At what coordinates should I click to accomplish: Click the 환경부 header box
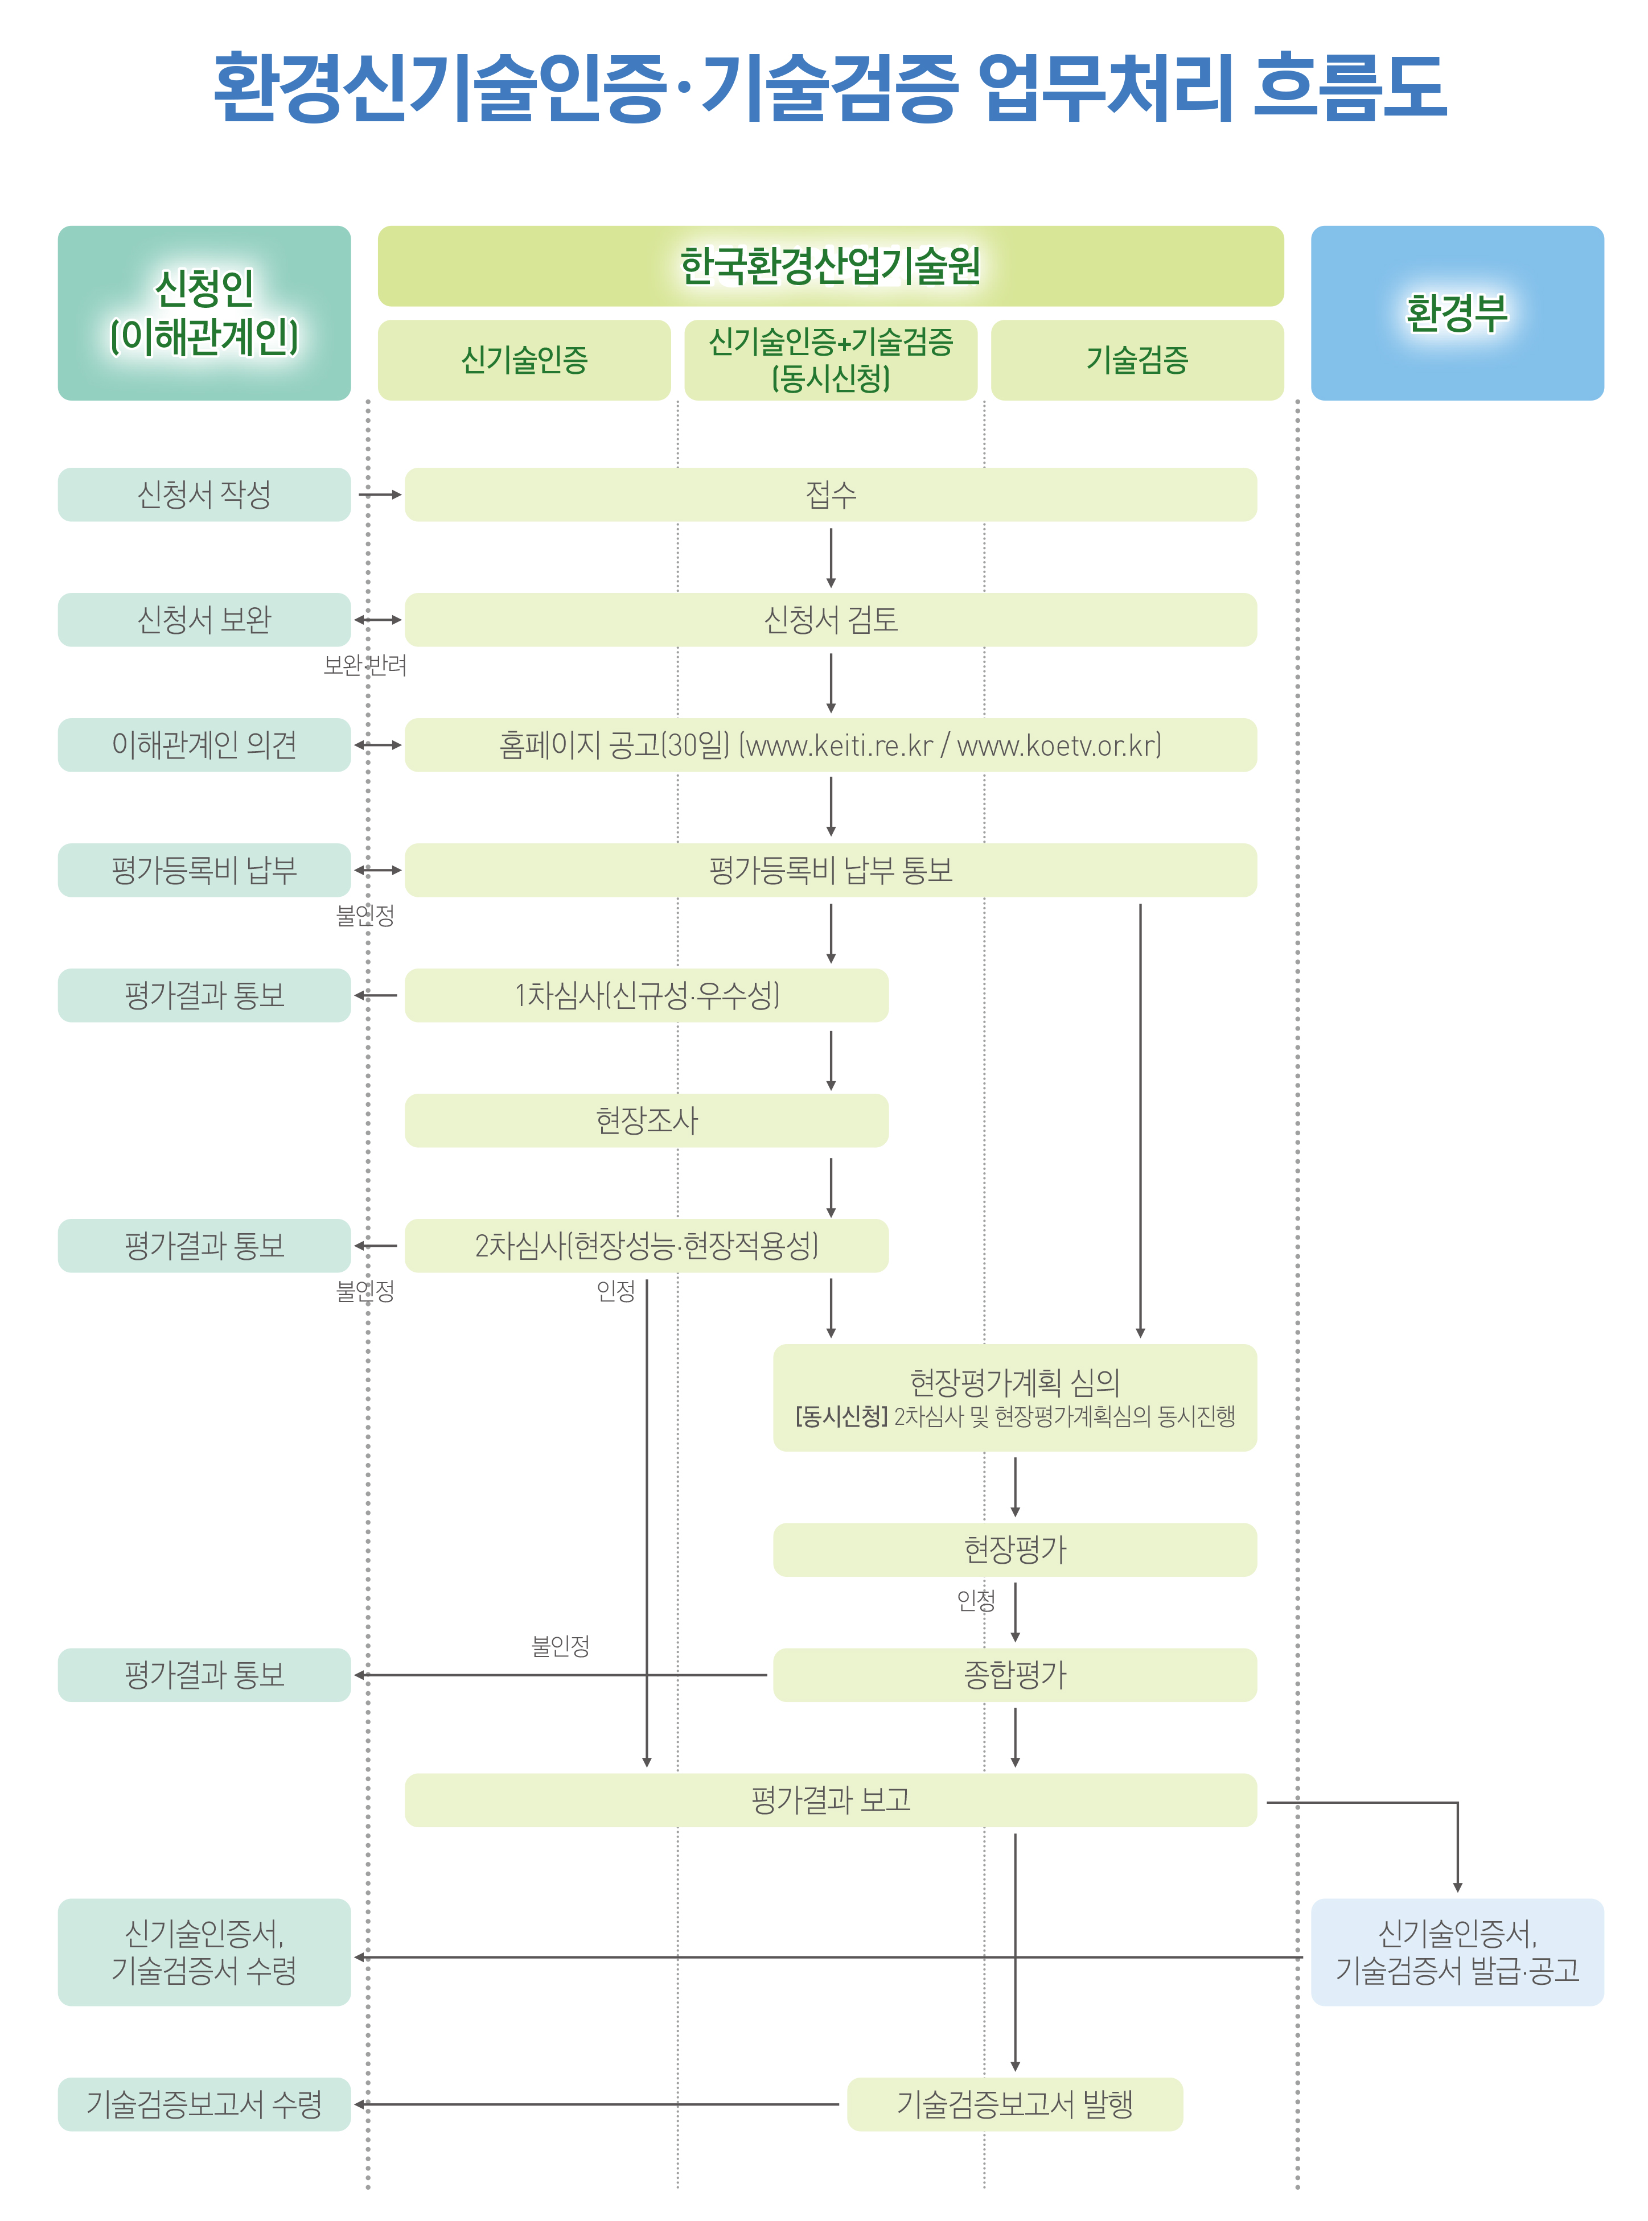click(x=1457, y=313)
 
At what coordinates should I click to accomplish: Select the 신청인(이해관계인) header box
click(x=204, y=313)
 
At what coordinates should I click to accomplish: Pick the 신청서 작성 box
click(x=204, y=495)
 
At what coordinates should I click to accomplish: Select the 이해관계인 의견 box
click(x=204, y=745)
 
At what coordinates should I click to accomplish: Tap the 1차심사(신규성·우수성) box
click(x=647, y=995)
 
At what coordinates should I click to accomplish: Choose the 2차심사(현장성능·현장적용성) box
click(x=647, y=1246)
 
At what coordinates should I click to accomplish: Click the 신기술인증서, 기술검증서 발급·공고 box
click(x=1457, y=1952)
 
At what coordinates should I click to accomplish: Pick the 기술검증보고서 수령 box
click(x=204, y=2104)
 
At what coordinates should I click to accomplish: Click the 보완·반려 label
click(x=365, y=665)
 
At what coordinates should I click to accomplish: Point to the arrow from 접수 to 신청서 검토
click(x=831, y=558)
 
